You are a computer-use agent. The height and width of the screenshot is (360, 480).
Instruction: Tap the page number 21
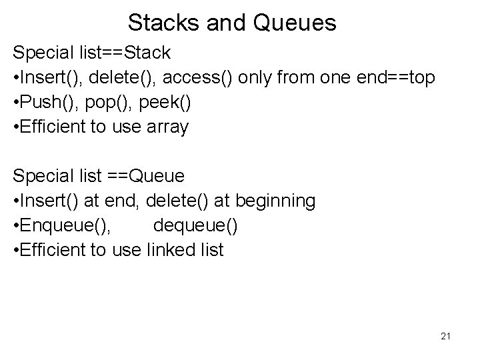pyautogui.click(x=445, y=337)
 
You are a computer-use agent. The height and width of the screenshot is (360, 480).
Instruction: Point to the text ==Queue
pyautogui.click(x=148, y=176)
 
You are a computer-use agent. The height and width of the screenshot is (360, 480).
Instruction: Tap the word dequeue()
pyautogui.click(x=195, y=227)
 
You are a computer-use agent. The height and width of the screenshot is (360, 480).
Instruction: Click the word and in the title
pyautogui.click(x=222, y=23)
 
